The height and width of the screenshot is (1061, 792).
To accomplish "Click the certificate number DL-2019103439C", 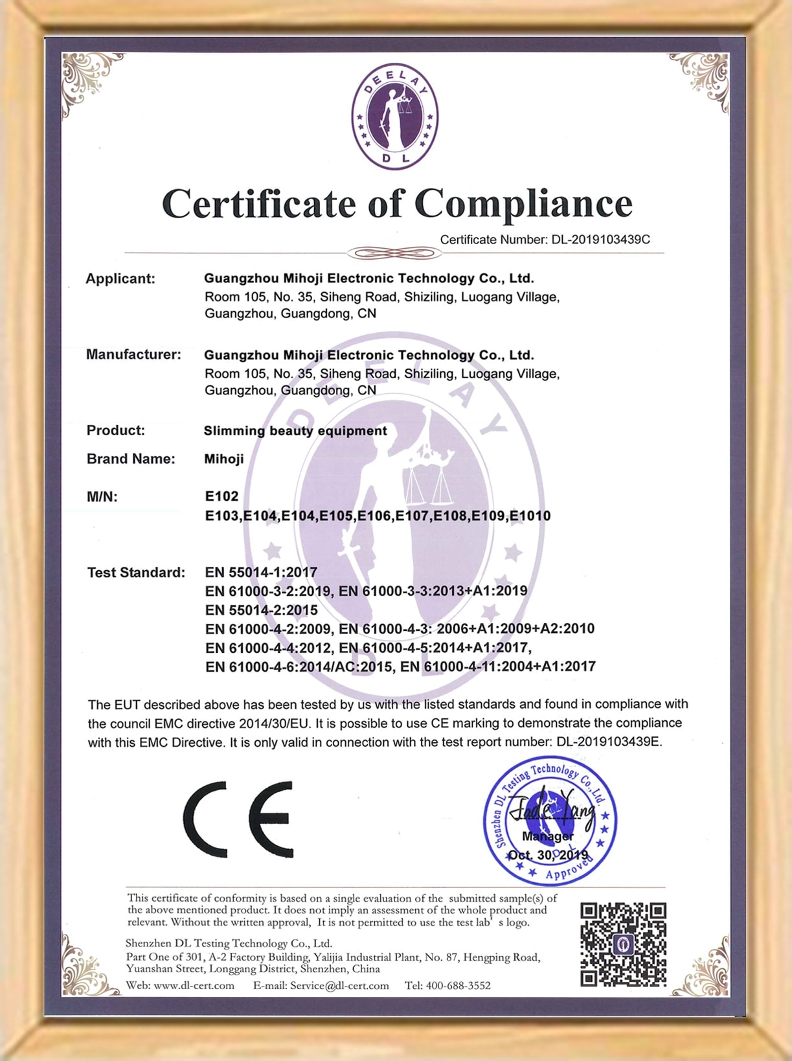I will click(x=600, y=240).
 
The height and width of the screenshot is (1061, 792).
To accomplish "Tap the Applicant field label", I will click(x=120, y=279).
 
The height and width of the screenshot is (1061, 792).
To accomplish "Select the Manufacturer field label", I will click(x=133, y=355).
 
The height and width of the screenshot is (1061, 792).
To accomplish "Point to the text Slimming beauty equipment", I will click(x=295, y=431).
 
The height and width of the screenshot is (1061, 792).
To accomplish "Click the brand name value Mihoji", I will click(x=224, y=459).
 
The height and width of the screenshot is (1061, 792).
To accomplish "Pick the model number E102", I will click(x=221, y=496).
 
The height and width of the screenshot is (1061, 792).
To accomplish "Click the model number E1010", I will click(x=530, y=516).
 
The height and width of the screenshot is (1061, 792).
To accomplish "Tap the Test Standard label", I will click(x=136, y=573).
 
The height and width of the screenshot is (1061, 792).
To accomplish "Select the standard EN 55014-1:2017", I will click(x=261, y=573).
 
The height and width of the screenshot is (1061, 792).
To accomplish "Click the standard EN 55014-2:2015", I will click(x=261, y=610).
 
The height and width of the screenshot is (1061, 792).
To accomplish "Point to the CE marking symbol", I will click(x=238, y=819).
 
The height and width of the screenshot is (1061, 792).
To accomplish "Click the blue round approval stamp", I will click(x=550, y=821).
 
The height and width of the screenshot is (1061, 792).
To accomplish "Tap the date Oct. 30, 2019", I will click(x=548, y=855).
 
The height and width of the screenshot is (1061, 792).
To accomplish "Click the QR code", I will click(x=623, y=944).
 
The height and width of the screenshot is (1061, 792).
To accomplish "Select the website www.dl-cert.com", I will click(x=194, y=986).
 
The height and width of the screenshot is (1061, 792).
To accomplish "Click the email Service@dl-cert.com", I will click(x=339, y=986).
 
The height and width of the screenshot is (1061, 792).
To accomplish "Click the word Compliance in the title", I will click(x=523, y=204).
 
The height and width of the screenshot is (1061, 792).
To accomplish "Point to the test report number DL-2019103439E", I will click(x=609, y=742).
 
